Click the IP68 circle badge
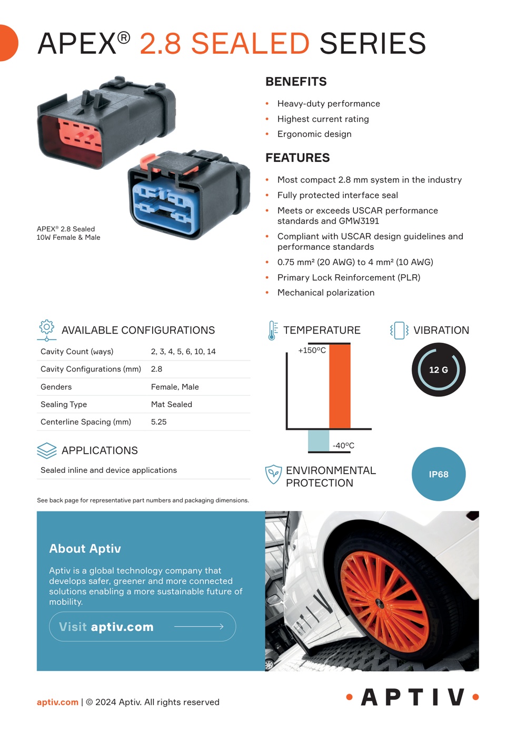[x=438, y=474]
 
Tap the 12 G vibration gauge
[x=438, y=369]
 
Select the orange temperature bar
[x=340, y=386]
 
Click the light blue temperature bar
[x=319, y=440]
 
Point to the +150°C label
[x=312, y=351]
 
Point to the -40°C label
[x=343, y=445]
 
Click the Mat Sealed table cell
[x=171, y=404]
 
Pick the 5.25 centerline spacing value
[x=158, y=422]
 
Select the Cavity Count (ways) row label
[x=77, y=352]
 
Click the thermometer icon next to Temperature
[x=272, y=330]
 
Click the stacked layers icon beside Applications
[x=46, y=450]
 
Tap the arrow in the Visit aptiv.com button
[x=199, y=626]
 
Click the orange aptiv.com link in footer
[x=57, y=702]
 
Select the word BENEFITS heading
[x=296, y=82]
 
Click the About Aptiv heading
[x=85, y=549]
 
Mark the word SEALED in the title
[x=250, y=43]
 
